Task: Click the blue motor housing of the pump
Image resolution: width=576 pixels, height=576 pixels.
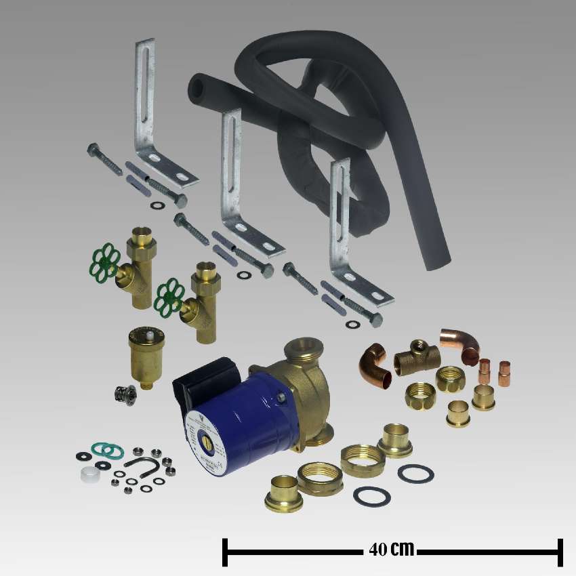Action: coord(247,407)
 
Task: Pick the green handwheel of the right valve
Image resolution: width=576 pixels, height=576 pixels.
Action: coord(169,297)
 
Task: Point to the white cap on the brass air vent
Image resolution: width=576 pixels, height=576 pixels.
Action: coord(144,334)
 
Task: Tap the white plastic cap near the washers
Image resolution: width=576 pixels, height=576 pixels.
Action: coord(87,474)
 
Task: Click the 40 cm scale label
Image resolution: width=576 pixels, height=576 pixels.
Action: coord(392,549)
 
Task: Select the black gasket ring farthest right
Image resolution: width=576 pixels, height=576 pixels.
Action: coord(415,473)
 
